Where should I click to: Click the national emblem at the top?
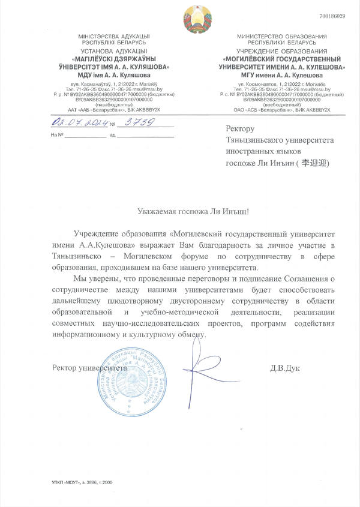196,19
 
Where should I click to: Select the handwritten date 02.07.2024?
80,122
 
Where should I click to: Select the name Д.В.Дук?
285,367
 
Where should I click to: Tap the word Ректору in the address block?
241,129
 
